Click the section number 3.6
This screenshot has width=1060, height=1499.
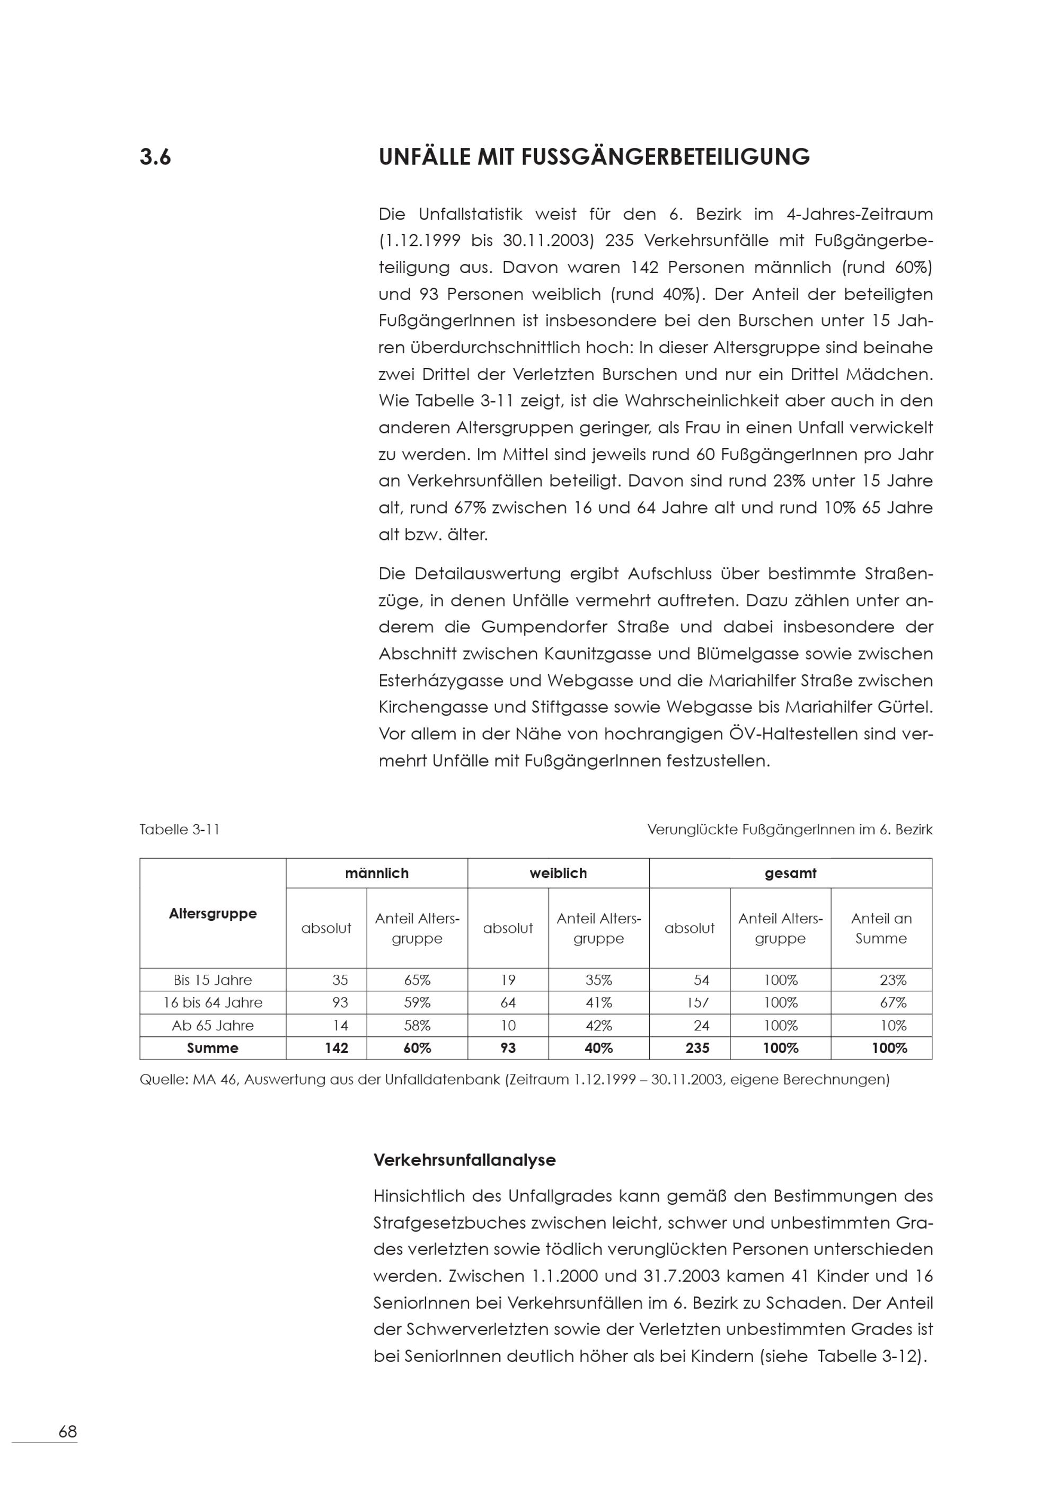point(155,157)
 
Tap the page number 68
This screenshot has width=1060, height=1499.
point(67,1432)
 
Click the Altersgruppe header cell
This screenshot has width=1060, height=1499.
point(213,913)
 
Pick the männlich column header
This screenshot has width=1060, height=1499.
point(377,873)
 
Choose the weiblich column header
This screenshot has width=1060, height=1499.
point(558,873)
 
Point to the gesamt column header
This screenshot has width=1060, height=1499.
point(790,873)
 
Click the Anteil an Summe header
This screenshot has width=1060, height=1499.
point(881,928)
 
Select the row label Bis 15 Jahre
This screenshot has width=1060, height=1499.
point(213,980)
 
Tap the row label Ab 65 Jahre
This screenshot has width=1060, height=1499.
point(213,1025)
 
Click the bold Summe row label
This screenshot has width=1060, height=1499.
point(213,1048)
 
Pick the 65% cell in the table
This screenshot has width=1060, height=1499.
point(417,980)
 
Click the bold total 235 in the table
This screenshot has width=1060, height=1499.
point(697,1048)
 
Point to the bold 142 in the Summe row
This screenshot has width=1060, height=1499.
point(336,1048)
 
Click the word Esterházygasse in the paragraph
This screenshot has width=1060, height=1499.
point(440,680)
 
